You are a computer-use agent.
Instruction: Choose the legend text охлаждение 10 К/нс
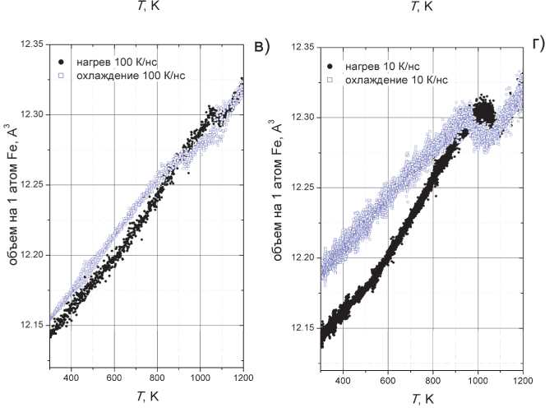point(396,79)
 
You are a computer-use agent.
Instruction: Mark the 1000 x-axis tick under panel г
point(478,382)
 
